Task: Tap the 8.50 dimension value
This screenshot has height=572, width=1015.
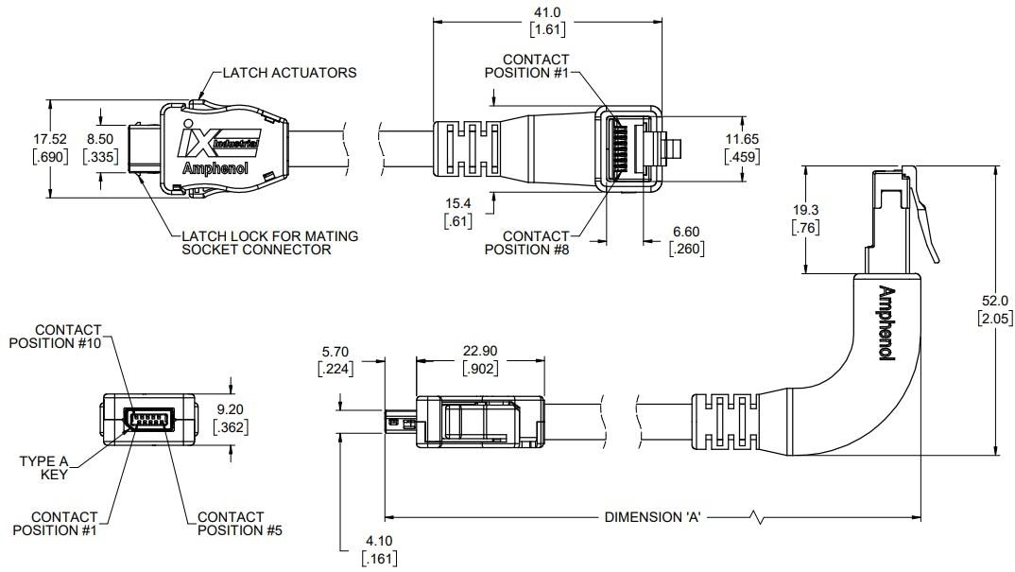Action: point(101,139)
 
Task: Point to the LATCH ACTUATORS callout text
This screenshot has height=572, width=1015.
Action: point(289,73)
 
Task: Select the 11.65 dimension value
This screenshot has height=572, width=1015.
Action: point(742,139)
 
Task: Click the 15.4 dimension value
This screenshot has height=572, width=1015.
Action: point(457,203)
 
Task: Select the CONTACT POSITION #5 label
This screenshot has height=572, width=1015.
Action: point(231,523)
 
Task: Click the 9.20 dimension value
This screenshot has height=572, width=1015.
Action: point(231,411)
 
